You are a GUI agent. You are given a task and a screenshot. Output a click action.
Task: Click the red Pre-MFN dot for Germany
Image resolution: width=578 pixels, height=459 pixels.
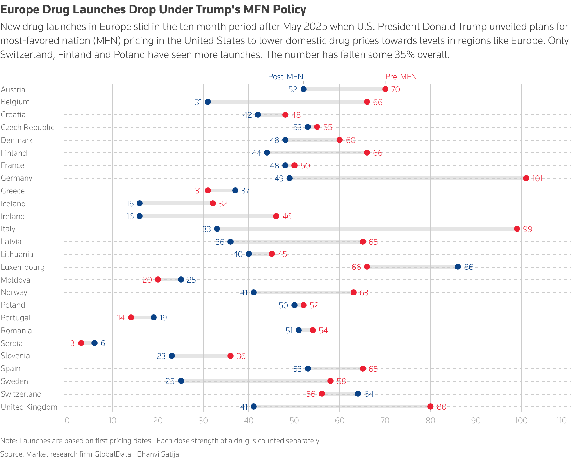[x=526, y=178]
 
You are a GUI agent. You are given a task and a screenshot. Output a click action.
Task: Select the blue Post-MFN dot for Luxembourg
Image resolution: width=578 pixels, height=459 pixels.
[x=458, y=267]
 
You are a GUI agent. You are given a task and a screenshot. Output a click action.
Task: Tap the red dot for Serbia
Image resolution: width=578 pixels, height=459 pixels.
[x=81, y=343]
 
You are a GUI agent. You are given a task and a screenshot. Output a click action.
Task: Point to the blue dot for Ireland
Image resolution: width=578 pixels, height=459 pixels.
[x=140, y=216]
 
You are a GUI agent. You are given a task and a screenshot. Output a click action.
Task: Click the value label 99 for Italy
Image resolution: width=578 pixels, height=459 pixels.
[x=527, y=229]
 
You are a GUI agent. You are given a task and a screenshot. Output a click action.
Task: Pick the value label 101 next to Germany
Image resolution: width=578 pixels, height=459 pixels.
[x=537, y=179]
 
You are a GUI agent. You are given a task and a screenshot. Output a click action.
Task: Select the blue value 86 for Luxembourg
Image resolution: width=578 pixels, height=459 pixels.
[x=469, y=267]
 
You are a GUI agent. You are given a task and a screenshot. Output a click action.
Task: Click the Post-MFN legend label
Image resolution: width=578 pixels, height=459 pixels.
[x=286, y=77]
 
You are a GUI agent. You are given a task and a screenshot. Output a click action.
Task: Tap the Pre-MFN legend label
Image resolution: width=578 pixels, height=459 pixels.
[x=401, y=77]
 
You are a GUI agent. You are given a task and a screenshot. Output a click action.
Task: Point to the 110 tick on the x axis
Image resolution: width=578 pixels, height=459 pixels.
[x=561, y=421]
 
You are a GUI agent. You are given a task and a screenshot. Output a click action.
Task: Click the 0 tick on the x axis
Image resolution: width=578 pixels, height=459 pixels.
[x=67, y=421]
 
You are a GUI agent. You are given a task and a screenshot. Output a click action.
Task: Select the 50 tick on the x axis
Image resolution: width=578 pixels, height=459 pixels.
[x=294, y=421]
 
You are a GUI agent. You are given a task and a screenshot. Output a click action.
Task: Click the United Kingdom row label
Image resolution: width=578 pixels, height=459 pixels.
[x=29, y=407]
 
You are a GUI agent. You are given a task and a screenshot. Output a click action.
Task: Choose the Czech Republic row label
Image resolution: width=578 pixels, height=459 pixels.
[x=27, y=127]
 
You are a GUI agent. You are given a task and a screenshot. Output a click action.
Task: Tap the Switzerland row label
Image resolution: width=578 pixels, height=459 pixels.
[x=21, y=394]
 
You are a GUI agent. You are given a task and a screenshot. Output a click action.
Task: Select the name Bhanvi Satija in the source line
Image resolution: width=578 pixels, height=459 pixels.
[x=158, y=454]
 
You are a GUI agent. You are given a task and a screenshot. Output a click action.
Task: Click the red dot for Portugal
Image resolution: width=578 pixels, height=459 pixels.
[x=131, y=317]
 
